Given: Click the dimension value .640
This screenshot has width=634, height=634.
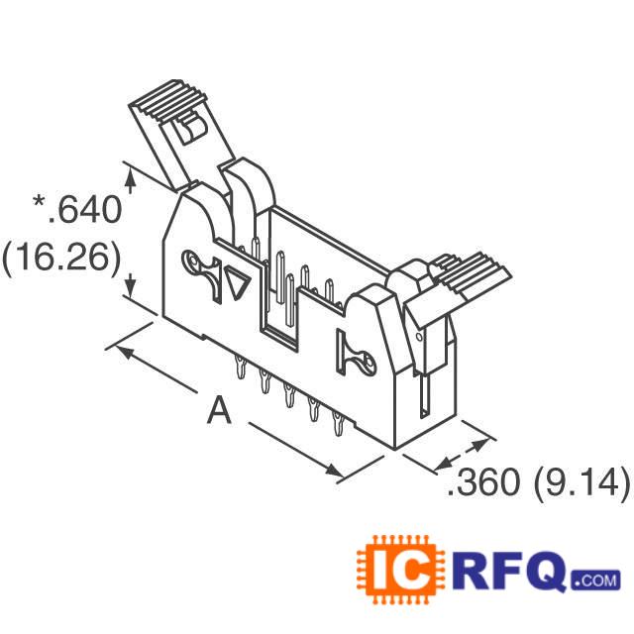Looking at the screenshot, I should coord(82,210).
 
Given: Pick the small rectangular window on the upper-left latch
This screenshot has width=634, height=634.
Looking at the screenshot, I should coord(184,132).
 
